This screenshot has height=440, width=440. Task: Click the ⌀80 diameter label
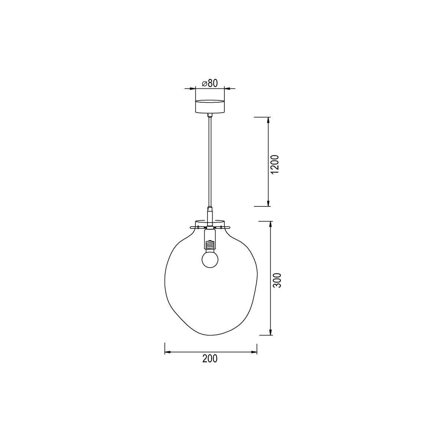pos(210,83)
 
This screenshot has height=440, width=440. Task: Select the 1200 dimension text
pos(276,164)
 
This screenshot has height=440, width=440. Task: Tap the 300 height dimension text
pos(278,280)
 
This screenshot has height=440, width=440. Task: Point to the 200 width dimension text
pos(210,359)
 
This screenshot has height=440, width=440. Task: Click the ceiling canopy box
pos(210,106)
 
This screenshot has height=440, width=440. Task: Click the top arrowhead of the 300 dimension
pos(271,224)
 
